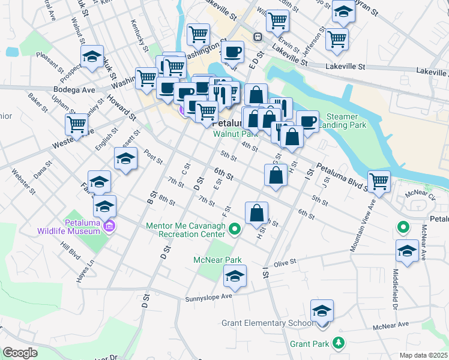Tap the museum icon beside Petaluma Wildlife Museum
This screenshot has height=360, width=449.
(x=109, y=226)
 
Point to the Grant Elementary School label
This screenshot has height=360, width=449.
(x=267, y=323)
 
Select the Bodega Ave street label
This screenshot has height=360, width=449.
(x=74, y=90)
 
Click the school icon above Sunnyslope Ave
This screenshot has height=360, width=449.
(x=234, y=276)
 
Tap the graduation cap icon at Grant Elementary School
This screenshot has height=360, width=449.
(x=322, y=311)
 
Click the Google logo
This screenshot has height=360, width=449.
(x=20, y=353)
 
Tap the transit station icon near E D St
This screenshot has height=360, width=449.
(x=259, y=37)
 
